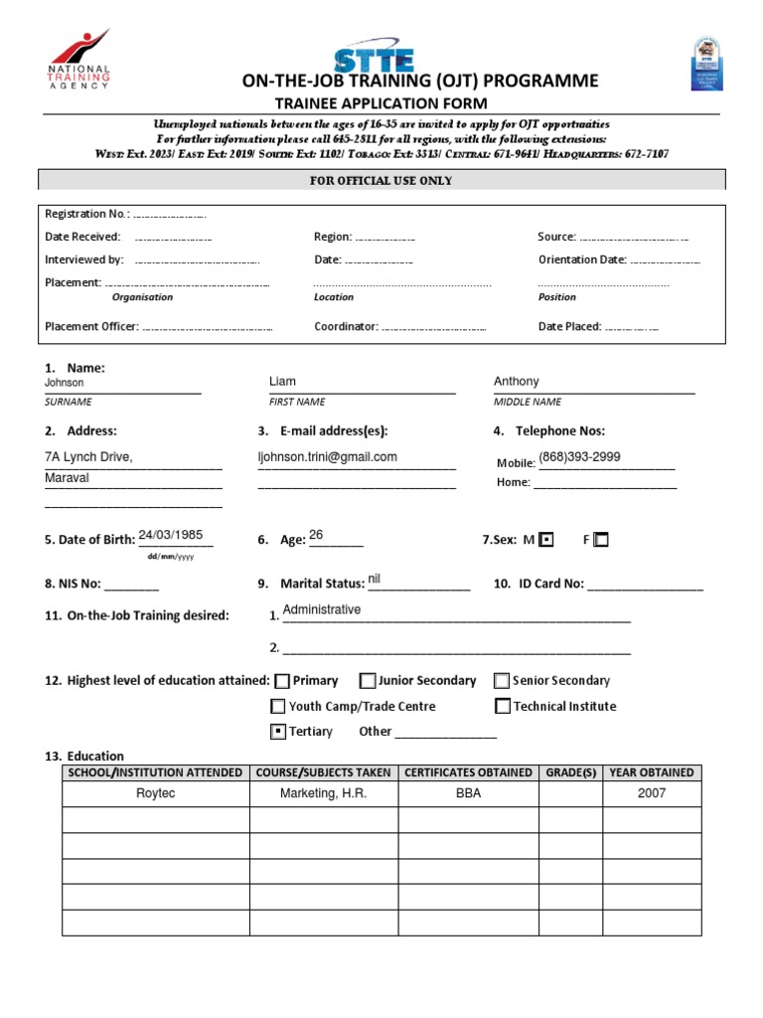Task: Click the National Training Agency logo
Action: [78, 60]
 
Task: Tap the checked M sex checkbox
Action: [545, 540]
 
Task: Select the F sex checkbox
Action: [600, 540]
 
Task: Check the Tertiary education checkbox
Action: [278, 732]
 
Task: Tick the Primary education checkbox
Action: [282, 681]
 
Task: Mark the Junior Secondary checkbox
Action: [368, 681]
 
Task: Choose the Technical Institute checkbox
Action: [502, 707]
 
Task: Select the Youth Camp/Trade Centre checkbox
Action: [278, 707]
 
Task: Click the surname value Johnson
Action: [65, 383]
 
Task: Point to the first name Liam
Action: [282, 382]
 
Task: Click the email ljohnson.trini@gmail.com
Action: [327, 457]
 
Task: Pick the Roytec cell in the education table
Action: [155, 793]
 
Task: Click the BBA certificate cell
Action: [468, 793]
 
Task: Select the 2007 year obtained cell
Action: [652, 793]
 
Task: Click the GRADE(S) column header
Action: [571, 772]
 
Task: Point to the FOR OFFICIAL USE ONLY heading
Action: [381, 181]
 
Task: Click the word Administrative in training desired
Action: [322, 610]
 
